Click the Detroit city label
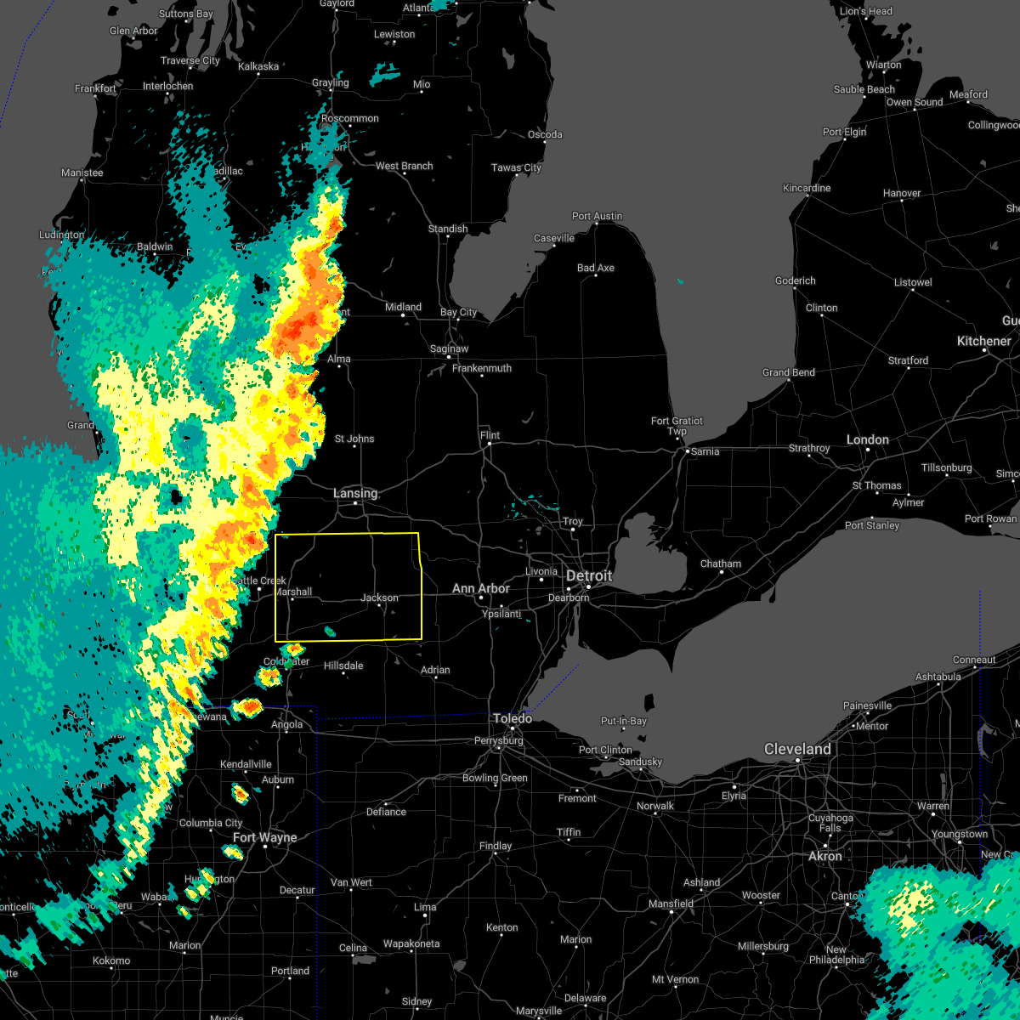coord(589,576)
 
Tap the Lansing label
coord(355,493)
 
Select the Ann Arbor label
coord(481,588)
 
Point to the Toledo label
coord(513,718)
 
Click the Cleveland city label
coord(797,749)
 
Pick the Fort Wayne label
coord(265,837)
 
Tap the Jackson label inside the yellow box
coord(379,598)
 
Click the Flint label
coord(490,435)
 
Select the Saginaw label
coord(449,348)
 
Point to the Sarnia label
coord(705,451)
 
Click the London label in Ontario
coord(868,439)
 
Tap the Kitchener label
coord(984,341)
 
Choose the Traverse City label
coord(190,60)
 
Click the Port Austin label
coord(597,216)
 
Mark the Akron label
coord(825,856)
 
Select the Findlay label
coord(496,846)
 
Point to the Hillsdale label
coord(343,666)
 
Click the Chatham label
coord(721,564)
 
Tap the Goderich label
coord(795,280)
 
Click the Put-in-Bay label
coord(624,721)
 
